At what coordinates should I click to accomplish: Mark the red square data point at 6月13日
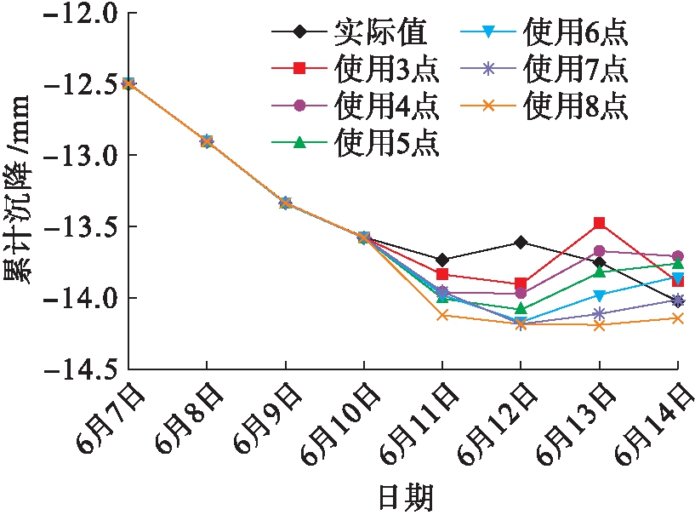(600, 223)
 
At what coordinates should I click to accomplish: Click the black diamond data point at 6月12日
(521, 242)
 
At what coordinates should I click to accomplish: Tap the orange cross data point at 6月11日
(442, 315)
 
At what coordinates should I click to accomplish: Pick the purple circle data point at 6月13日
(600, 251)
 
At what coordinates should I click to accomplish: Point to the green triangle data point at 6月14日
(678, 264)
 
